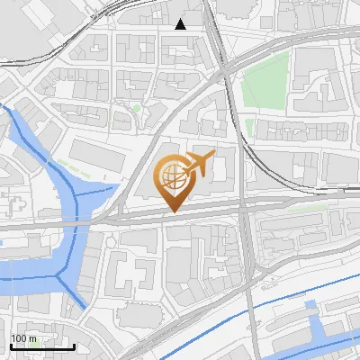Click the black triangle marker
pos(181,24)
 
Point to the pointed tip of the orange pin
pos(173,211)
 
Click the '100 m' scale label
pos(23,338)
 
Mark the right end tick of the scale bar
pos(74,346)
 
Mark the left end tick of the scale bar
pos(12,346)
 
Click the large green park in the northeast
pos(266,79)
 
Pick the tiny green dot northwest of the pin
pos(136,108)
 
